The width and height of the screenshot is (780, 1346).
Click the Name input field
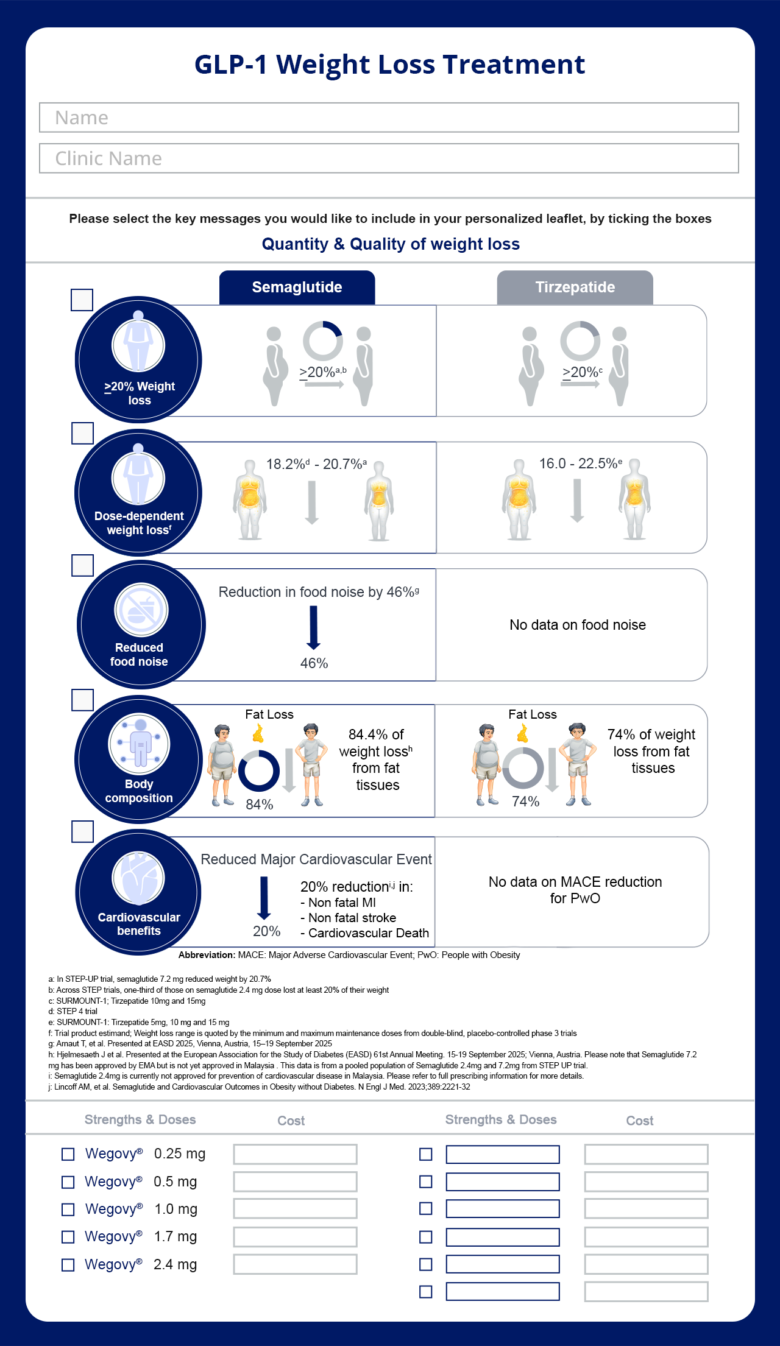389,118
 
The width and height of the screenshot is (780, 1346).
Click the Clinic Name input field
389,158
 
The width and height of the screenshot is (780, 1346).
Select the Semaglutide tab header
297,287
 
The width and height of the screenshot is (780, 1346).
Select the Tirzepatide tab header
575,287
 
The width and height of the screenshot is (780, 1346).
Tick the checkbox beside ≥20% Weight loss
82,300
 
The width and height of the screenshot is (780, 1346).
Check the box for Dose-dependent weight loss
82,433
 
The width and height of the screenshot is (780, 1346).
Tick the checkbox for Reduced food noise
82,565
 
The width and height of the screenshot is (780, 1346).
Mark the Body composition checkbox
82,700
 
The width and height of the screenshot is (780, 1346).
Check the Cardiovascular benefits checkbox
82,831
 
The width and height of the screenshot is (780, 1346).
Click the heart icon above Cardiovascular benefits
138,878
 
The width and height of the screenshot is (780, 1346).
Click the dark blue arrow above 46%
314,628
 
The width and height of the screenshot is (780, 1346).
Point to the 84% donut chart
258,771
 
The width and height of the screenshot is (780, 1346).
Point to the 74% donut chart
523,768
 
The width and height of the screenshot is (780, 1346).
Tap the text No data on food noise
578,625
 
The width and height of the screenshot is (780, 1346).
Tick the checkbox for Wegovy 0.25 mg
68,1154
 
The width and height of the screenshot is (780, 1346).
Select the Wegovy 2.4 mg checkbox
68,1265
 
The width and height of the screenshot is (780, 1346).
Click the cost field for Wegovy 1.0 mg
296,1209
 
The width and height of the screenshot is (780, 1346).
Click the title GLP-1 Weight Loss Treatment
390,65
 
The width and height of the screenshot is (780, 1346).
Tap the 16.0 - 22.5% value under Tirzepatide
581,463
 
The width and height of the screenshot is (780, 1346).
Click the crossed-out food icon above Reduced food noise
141,610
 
